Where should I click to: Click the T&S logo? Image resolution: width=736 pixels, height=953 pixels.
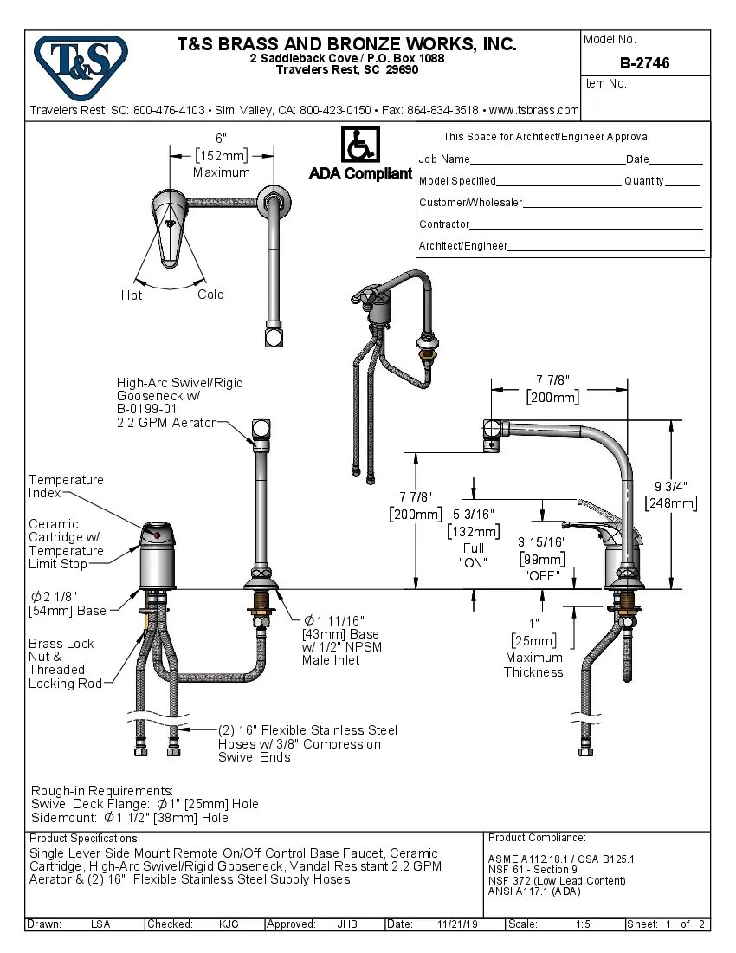81,61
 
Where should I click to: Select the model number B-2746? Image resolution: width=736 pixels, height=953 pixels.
644,63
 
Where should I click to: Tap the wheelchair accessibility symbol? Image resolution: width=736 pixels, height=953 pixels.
359,144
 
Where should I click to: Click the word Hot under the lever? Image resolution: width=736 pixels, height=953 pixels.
132,295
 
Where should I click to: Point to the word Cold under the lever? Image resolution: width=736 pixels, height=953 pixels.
210,295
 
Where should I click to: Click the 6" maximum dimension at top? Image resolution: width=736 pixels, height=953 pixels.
221,139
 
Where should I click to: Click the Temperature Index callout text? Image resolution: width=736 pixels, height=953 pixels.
65,486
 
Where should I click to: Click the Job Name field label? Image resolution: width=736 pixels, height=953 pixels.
444,159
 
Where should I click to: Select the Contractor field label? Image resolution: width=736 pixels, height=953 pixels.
444,224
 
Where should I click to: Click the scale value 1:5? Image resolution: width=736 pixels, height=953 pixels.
583,924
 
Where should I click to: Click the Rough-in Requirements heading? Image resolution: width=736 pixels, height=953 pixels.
102,791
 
